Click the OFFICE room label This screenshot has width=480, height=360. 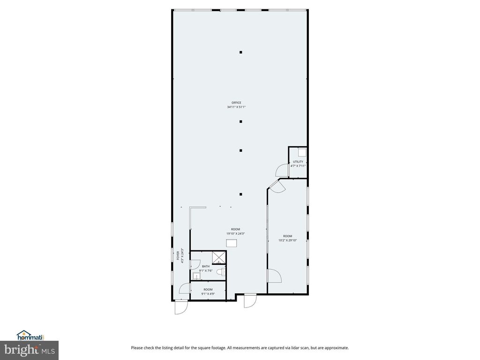(x=236, y=103)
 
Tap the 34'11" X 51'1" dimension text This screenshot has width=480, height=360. (x=236, y=107)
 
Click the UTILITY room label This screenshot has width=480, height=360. (x=298, y=162)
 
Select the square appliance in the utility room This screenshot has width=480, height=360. (x=302, y=152)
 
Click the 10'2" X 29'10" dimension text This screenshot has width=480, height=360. (x=287, y=240)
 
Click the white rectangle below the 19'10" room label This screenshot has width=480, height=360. (x=232, y=242)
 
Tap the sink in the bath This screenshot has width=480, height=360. (x=196, y=276)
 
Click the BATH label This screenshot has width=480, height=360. (x=206, y=266)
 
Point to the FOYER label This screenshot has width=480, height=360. (x=178, y=255)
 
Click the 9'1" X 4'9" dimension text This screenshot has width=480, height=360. (x=208, y=294)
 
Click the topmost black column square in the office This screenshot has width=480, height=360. (x=241, y=52)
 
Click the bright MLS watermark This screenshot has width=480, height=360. (x=29, y=349)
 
